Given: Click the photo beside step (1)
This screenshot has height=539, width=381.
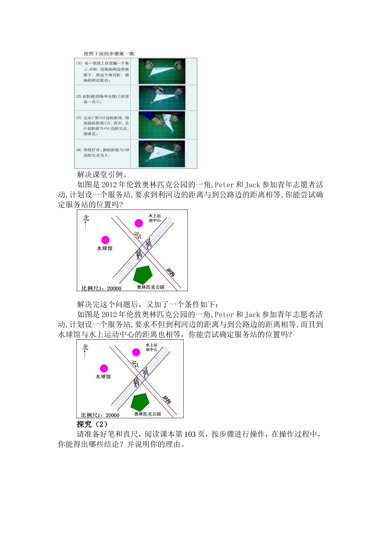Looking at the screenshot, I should click(x=162, y=71).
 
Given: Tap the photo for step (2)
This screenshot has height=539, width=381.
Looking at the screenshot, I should click(x=162, y=98).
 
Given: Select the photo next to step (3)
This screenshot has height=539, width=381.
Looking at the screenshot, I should click(x=162, y=125).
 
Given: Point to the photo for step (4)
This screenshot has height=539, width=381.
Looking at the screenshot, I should click(x=162, y=153).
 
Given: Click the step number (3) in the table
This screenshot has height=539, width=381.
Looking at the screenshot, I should click(x=79, y=118).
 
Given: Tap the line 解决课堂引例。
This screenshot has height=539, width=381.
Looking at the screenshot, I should click(x=102, y=174).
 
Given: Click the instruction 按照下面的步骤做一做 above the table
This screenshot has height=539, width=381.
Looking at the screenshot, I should click(x=109, y=53).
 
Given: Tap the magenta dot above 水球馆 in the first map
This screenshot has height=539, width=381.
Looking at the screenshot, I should click(x=105, y=240).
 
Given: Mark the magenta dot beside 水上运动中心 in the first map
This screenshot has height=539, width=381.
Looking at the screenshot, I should click(x=139, y=223).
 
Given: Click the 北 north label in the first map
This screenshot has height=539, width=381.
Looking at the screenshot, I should click(x=86, y=218).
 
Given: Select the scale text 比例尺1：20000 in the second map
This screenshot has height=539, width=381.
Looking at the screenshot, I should click(x=100, y=415).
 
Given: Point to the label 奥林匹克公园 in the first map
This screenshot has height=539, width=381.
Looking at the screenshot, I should click(x=151, y=287).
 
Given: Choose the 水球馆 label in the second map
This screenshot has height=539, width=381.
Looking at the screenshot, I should click(x=103, y=377).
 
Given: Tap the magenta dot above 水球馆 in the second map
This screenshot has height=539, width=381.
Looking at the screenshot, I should click(x=104, y=368).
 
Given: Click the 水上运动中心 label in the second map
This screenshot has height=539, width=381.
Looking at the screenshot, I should click(x=152, y=347).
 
